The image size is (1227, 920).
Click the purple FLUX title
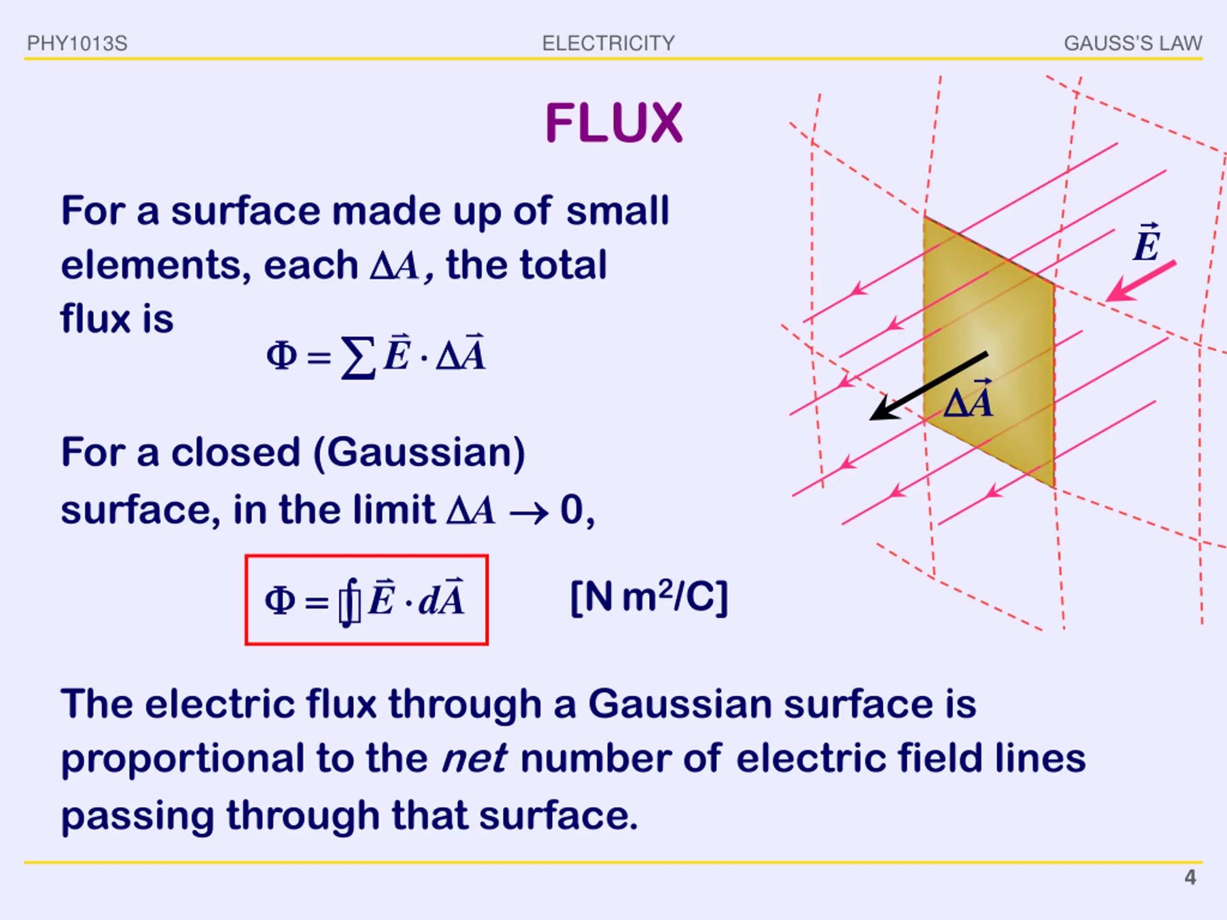point(613,123)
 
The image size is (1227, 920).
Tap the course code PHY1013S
point(77,43)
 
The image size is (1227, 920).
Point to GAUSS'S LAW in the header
point(1133,43)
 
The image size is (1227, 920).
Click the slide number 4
point(1190,877)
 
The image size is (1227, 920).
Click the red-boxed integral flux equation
point(366,599)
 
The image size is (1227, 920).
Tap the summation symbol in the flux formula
point(358,357)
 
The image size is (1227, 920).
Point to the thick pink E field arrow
point(1140,281)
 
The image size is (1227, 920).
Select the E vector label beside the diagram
point(1146,243)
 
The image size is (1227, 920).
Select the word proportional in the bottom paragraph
point(183,759)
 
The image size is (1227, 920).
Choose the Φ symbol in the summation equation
point(282,356)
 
